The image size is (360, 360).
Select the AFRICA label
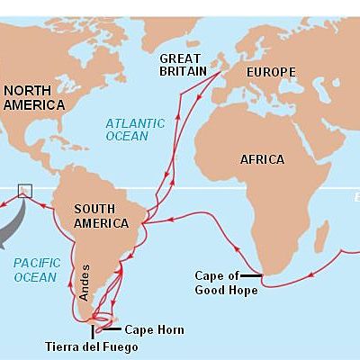[x=262, y=159]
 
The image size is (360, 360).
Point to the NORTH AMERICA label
[x=34, y=97]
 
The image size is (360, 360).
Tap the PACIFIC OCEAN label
[x=37, y=270]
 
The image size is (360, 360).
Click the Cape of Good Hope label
[x=227, y=283]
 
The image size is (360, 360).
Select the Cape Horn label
[x=154, y=330]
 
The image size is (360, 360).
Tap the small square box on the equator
[x=24, y=190]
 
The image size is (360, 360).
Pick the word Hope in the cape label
[x=244, y=290]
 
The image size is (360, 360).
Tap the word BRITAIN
[x=184, y=71]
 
